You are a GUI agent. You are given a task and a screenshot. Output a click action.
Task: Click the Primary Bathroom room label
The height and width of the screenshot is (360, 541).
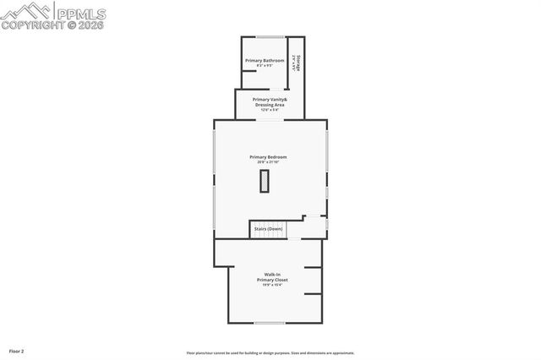coord(265,60)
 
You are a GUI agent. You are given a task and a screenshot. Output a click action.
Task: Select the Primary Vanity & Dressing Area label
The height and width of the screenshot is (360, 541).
coord(270,102)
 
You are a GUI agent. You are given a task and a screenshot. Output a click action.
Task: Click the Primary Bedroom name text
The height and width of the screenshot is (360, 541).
coord(268,156)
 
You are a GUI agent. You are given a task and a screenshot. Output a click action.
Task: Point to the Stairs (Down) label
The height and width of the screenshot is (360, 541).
coord(267,229)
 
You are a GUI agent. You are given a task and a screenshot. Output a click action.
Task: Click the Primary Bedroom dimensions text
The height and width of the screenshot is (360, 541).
coord(268,162)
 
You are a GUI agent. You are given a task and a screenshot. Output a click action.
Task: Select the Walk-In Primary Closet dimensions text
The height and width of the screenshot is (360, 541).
coord(272,286)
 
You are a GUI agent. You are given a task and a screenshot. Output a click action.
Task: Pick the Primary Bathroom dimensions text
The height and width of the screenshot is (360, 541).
coord(265,66)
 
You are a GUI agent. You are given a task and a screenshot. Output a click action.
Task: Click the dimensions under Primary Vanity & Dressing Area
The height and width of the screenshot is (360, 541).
coord(270,110)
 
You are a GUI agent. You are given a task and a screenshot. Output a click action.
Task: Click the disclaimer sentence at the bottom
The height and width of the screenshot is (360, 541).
coord(270,353)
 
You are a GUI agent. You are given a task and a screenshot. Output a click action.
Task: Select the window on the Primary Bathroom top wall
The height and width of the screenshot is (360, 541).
coord(270,36)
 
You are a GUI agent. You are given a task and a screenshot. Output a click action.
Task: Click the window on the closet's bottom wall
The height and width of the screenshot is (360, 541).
coord(270,323)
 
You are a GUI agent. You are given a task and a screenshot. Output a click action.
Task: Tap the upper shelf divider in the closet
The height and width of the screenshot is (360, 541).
coord(313,268)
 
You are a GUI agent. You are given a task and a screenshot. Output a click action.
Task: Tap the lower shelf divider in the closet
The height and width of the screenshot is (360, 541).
coord(313,294)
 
